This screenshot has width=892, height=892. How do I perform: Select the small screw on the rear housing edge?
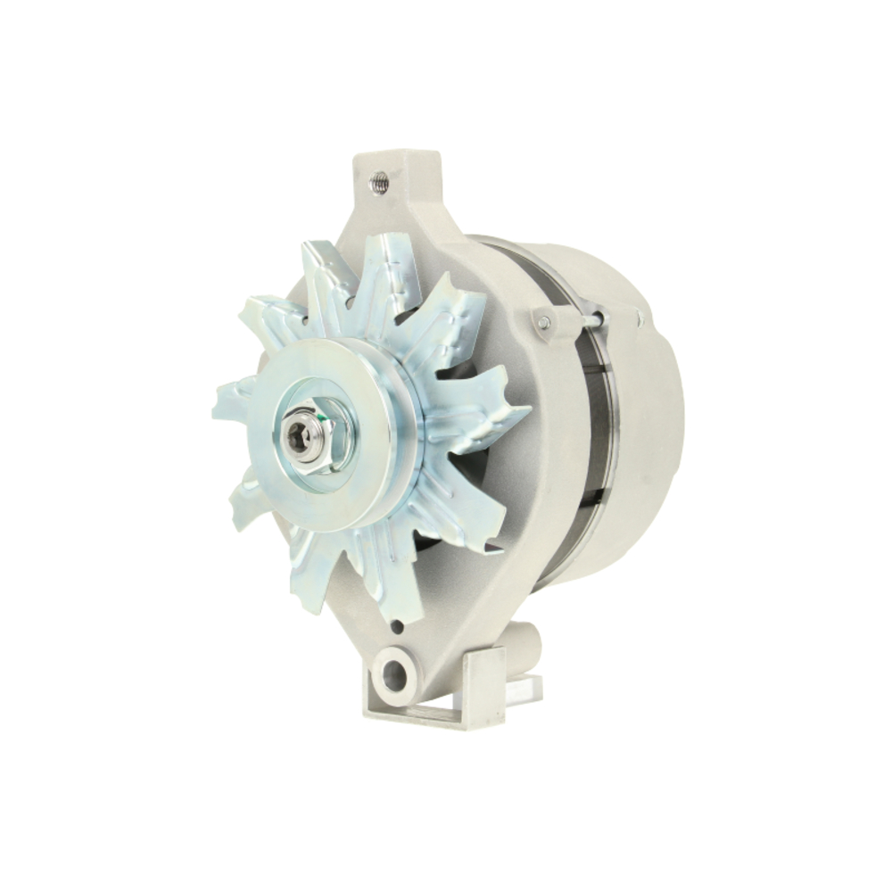(x=640, y=318)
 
